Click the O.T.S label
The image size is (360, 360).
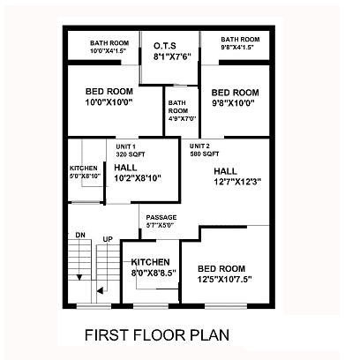click(x=165, y=46)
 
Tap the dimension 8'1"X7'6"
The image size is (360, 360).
click(x=172, y=56)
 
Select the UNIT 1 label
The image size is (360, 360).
click(x=125, y=146)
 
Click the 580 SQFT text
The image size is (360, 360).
click(x=205, y=154)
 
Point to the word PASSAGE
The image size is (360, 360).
click(x=161, y=218)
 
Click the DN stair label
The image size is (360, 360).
click(x=80, y=235)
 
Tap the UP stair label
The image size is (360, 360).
click(x=108, y=239)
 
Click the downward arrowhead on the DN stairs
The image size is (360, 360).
click(x=79, y=277)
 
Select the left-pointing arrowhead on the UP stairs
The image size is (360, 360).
click(x=100, y=290)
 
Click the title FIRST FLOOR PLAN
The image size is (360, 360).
click(x=157, y=335)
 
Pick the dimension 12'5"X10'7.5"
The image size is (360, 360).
click(x=225, y=279)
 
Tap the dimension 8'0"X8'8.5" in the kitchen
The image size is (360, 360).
click(x=154, y=273)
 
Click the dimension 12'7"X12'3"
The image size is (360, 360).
click(x=237, y=182)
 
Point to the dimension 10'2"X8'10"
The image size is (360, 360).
click(x=138, y=178)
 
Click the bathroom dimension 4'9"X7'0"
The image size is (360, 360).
click(x=183, y=119)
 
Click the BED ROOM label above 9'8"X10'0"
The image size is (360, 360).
click(x=236, y=93)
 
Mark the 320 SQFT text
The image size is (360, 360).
click(x=131, y=154)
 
